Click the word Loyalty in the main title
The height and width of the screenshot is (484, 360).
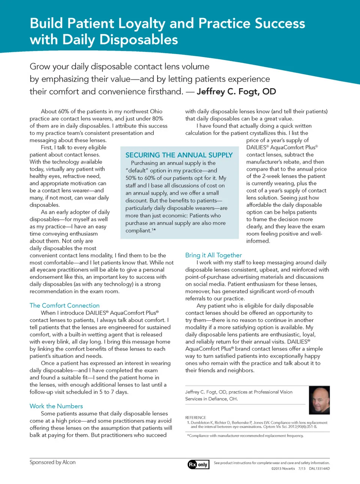pyautogui.click(x=142, y=24)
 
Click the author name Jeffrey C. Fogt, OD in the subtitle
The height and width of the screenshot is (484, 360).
pyautogui.click(x=236, y=92)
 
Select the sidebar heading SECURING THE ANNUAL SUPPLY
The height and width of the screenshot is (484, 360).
pyautogui.click(x=179, y=155)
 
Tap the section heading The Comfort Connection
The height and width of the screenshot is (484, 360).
pyautogui.click(x=64, y=305)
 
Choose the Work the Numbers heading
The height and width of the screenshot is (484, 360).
pyautogui.click(x=56, y=406)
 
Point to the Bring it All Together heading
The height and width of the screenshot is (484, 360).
pyautogui.click(x=213, y=255)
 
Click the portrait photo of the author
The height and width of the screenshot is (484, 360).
pyautogui.click(x=319, y=400)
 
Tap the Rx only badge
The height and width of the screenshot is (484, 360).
pyautogui.click(x=198, y=464)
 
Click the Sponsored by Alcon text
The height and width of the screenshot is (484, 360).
pyautogui.click(x=52, y=462)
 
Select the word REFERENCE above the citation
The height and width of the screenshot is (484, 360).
pyautogui.click(x=195, y=418)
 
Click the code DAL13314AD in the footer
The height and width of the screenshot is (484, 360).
pyautogui.click(x=319, y=469)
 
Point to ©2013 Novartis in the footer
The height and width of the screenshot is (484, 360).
pyautogui.click(x=283, y=469)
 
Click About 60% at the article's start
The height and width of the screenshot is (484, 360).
pyautogui.click(x=55, y=111)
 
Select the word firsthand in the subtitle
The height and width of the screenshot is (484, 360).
pyautogui.click(x=162, y=92)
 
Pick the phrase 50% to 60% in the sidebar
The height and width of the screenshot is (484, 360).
pyautogui.click(x=141, y=178)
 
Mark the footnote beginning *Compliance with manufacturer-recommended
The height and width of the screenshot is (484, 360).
pyautogui.click(x=245, y=436)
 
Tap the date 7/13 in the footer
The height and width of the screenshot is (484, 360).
pyautogui.click(x=302, y=469)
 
